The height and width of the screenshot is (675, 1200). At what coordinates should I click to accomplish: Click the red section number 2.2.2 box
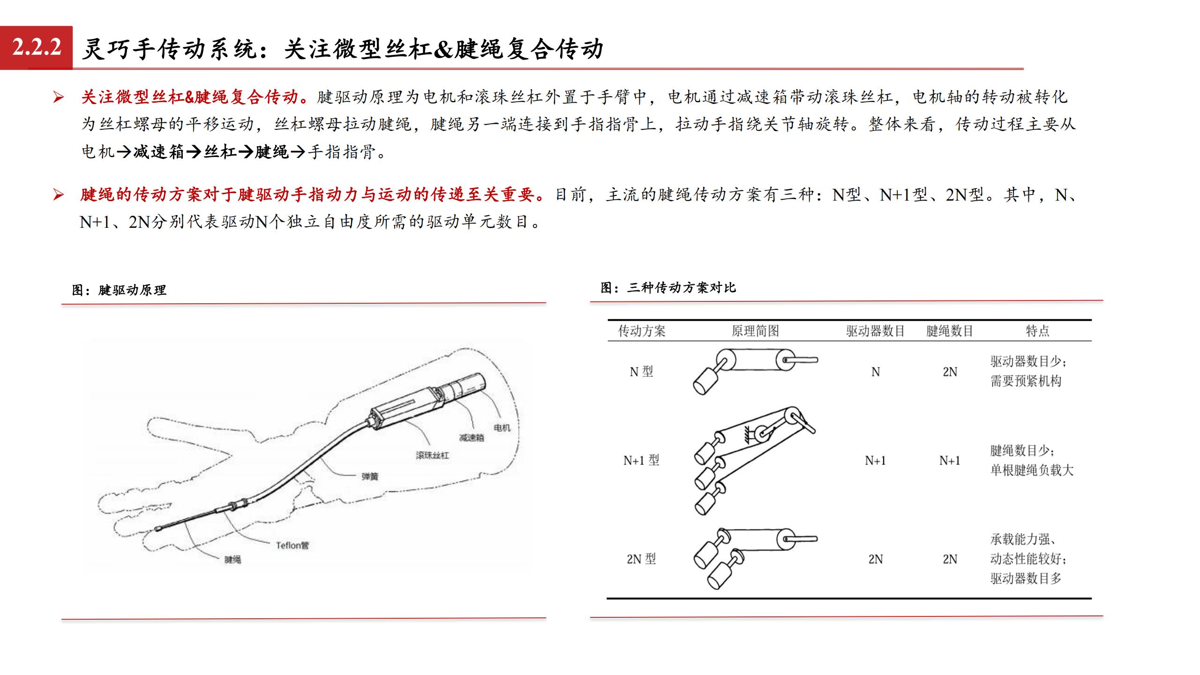pyautogui.click(x=37, y=47)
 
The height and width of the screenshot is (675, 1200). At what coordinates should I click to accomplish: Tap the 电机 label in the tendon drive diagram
pyautogui.click(x=502, y=427)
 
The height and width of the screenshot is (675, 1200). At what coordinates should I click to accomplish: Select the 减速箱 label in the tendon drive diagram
pyautogui.click(x=472, y=438)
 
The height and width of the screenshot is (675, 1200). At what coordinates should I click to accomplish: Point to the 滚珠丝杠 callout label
pyautogui.click(x=432, y=455)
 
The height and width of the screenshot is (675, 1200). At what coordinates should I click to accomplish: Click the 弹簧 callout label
pyautogui.click(x=370, y=476)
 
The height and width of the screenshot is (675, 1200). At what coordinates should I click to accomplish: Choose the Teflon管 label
pyautogui.click(x=292, y=545)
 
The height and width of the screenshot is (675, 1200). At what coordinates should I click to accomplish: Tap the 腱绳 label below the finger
pyautogui.click(x=232, y=559)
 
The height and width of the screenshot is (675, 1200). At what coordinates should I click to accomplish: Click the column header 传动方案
pyautogui.click(x=642, y=331)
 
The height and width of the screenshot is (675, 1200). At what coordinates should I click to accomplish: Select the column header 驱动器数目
pyautogui.click(x=875, y=331)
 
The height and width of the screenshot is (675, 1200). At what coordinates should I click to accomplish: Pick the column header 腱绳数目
pyautogui.click(x=950, y=331)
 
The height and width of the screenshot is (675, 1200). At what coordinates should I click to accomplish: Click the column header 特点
pyautogui.click(x=1037, y=331)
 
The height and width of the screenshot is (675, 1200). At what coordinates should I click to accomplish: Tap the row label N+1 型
pyautogui.click(x=641, y=460)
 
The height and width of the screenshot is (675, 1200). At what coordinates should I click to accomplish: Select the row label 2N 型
pyautogui.click(x=641, y=559)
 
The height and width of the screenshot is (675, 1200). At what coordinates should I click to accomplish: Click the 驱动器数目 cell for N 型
pyautogui.click(x=876, y=372)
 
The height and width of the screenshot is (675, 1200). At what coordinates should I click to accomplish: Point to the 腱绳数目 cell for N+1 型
pyautogui.click(x=950, y=460)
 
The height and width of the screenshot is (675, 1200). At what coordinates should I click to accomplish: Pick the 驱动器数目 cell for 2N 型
pyautogui.click(x=876, y=559)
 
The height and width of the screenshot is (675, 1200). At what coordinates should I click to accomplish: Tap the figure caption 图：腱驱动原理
pyautogui.click(x=119, y=290)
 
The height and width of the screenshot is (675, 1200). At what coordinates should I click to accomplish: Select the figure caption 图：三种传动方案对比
pyautogui.click(x=668, y=287)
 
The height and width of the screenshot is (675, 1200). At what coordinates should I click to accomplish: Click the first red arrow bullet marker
pyautogui.click(x=59, y=97)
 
